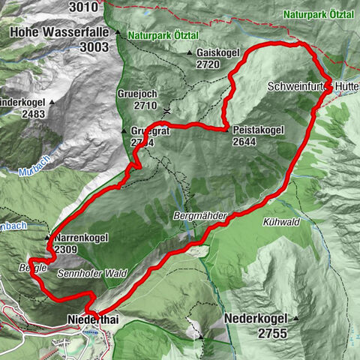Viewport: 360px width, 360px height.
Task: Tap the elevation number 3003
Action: click(x=94, y=46)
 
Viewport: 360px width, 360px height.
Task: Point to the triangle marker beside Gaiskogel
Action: click(x=190, y=54)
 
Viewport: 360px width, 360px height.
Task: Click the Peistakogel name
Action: click(x=258, y=129)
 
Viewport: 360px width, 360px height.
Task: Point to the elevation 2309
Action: click(x=66, y=249)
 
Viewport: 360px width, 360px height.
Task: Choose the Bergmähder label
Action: click(x=199, y=214)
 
